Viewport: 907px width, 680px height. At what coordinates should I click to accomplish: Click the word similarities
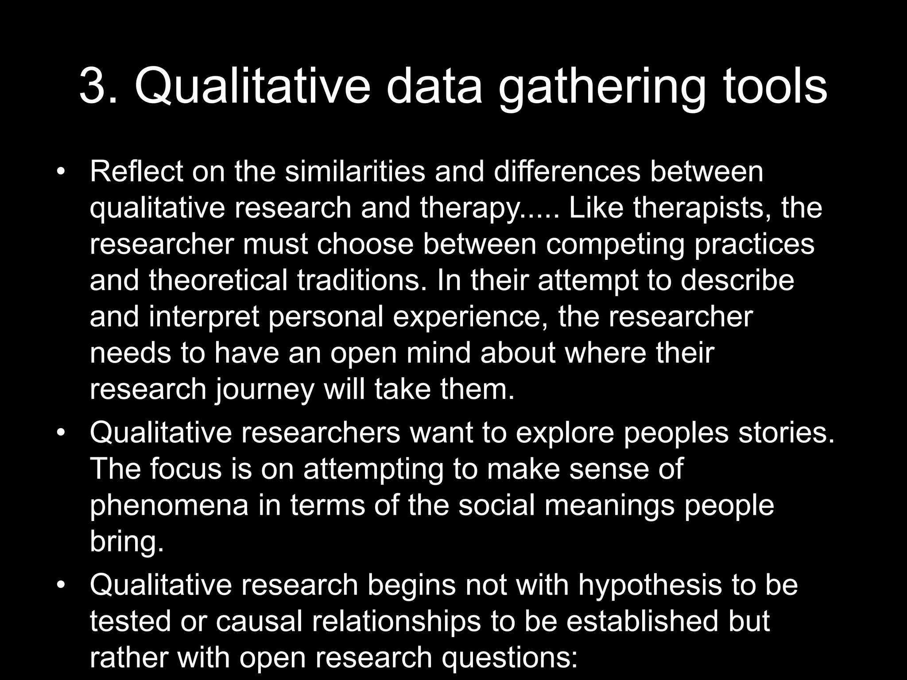pos(354,172)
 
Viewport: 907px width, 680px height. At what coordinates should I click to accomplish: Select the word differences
pos(566,172)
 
